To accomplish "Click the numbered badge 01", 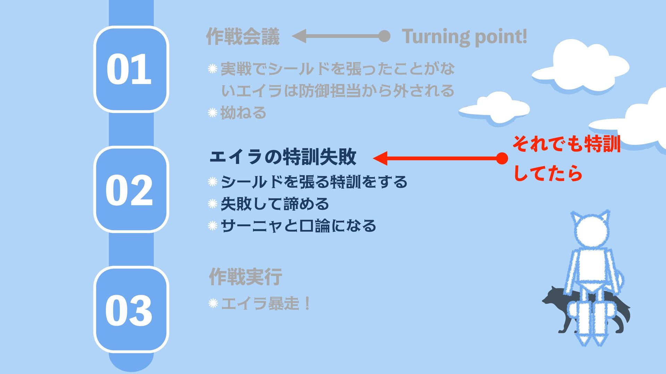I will coord(131,69).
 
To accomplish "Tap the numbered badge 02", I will coord(131,189).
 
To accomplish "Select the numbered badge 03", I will coord(131,310).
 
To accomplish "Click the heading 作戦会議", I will coord(242,36).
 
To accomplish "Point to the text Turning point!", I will coord(464,36).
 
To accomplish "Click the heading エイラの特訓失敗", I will coord(283,157).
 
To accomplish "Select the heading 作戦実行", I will coord(245,277).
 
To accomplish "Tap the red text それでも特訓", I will coord(566,144).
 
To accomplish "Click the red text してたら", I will coord(547,173).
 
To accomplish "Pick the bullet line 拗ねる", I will coord(243,113).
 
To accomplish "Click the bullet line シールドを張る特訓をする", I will coord(314,182).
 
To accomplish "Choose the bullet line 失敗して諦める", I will coord(274,204).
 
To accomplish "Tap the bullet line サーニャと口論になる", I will coord(298,226).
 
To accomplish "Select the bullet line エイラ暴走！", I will coord(265,304).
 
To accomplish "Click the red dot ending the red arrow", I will coord(502,159).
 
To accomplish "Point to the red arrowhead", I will coord(380,159).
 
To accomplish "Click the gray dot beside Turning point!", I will coord(384,36).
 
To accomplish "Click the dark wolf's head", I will coord(552,297).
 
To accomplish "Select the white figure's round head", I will coord(590,231).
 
